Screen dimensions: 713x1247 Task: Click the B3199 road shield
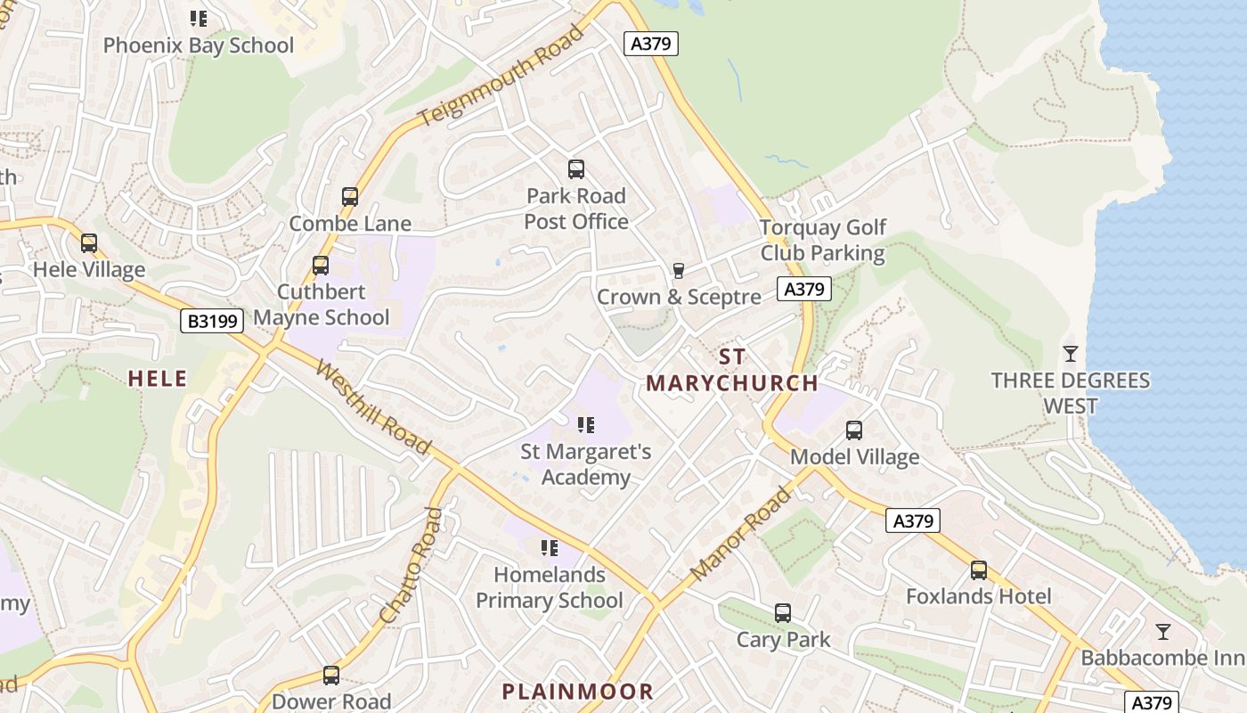pyautogui.click(x=212, y=321)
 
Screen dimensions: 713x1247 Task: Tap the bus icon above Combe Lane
pyautogui.click(x=350, y=197)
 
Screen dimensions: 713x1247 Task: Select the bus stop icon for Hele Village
pyautogui.click(x=88, y=242)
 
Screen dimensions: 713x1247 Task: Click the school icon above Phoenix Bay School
pyautogui.click(x=199, y=18)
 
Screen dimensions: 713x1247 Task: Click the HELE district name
pyautogui.click(x=158, y=379)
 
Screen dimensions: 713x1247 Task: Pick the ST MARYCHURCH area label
pyautogui.click(x=731, y=371)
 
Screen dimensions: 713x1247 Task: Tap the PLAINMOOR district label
pyautogui.click(x=577, y=691)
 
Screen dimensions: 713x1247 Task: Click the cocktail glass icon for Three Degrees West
pyautogui.click(x=1070, y=354)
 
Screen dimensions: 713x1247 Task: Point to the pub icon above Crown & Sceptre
pyautogui.click(x=678, y=270)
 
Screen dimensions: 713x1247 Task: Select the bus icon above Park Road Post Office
pyautogui.click(x=576, y=168)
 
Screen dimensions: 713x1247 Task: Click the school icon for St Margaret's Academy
pyautogui.click(x=585, y=424)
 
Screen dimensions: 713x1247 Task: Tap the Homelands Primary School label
pyautogui.click(x=550, y=587)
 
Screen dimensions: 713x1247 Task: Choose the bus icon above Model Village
pyautogui.click(x=854, y=430)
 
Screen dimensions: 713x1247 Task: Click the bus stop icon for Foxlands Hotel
pyautogui.click(x=979, y=570)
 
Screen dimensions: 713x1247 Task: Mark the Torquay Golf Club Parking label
pyautogui.click(x=823, y=241)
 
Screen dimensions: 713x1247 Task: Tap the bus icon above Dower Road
pyautogui.click(x=331, y=675)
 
